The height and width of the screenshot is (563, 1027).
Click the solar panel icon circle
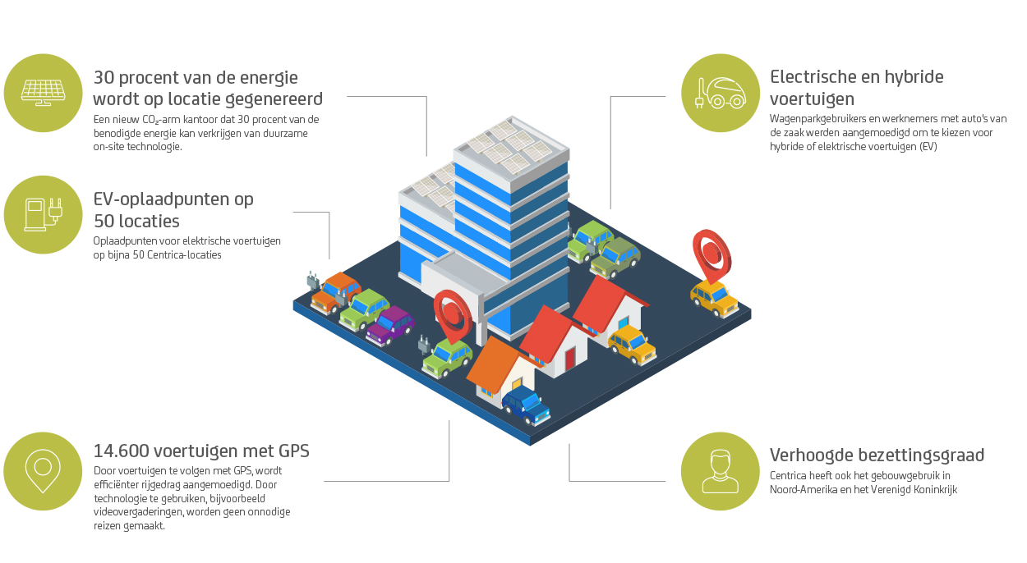click(43, 93)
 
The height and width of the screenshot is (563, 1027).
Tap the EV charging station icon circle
click(43, 215)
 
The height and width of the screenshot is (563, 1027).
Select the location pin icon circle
click(43, 471)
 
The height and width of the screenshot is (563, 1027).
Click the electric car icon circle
click(721, 93)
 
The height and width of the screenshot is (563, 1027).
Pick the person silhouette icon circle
click(721, 471)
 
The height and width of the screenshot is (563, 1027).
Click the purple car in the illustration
click(390, 326)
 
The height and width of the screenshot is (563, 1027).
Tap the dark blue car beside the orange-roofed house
click(526, 405)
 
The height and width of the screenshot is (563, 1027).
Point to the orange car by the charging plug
click(335, 293)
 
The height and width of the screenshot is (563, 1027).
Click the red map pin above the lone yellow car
click(712, 255)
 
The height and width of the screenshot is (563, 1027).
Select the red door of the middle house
click(570, 359)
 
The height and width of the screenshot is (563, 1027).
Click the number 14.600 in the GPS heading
click(122, 451)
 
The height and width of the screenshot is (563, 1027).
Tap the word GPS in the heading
click(294, 451)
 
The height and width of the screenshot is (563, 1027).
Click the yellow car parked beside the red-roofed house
click(633, 345)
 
